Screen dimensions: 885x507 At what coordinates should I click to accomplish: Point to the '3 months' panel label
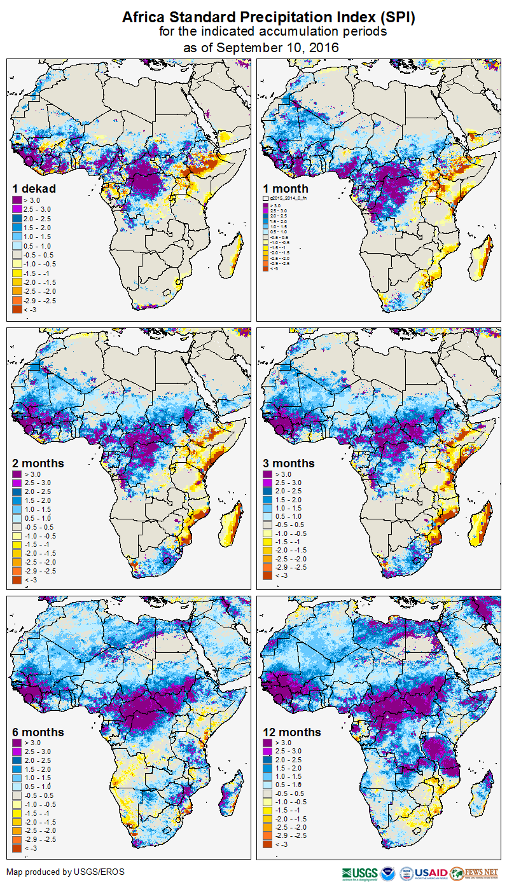click(289, 463)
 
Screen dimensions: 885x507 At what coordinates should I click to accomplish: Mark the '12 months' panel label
click(292, 732)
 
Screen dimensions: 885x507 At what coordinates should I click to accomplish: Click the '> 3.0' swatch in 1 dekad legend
click(19, 200)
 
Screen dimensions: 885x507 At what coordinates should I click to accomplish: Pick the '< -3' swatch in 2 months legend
click(19, 580)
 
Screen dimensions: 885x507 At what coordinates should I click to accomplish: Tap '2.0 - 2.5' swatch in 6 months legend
click(19, 760)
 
